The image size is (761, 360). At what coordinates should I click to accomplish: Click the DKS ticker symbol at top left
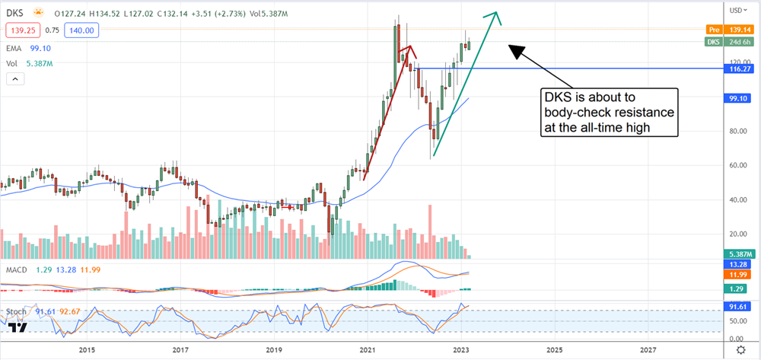tap(16, 12)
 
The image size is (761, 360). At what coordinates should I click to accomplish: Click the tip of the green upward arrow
tap(497, 13)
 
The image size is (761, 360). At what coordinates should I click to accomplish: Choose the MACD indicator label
tap(15, 269)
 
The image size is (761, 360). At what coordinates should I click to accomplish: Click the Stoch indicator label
tap(14, 311)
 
